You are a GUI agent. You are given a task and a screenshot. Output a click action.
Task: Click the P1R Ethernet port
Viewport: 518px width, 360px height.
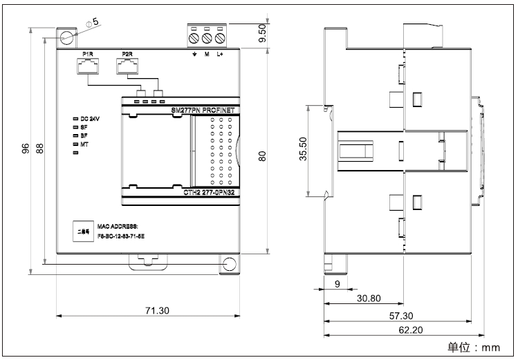[x=88, y=66]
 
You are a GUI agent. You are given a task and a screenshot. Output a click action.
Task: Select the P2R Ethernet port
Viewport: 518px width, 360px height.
[x=127, y=66]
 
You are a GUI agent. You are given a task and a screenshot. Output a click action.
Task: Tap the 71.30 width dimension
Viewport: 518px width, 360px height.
[x=158, y=311]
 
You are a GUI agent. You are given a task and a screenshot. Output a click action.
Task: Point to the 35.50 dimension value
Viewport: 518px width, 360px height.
[x=303, y=149]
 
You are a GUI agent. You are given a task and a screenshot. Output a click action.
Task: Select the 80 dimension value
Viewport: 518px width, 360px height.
[x=262, y=157]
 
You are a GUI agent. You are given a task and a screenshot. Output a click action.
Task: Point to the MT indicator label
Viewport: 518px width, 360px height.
[x=84, y=144]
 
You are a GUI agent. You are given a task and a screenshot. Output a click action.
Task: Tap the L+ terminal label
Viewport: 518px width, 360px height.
[x=220, y=54]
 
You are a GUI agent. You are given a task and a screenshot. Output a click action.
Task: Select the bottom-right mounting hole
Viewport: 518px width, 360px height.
[x=229, y=264]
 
